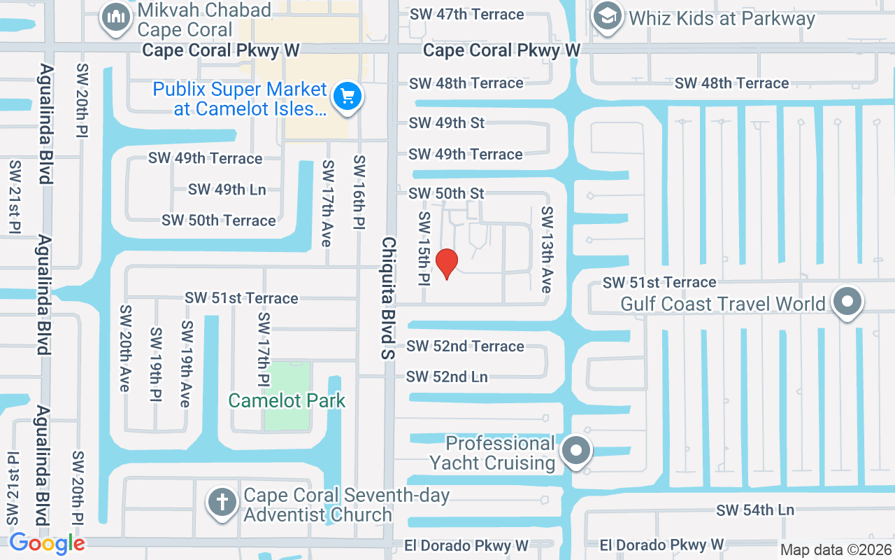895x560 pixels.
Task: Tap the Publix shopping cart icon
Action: pyautogui.click(x=347, y=96)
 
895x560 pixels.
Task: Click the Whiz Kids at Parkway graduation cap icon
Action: pyautogui.click(x=607, y=17)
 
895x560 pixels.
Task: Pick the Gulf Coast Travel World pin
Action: pyautogui.click(x=847, y=302)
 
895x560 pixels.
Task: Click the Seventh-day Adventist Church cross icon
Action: pyautogui.click(x=222, y=503)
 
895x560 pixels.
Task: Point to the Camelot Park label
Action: pyautogui.click(x=287, y=400)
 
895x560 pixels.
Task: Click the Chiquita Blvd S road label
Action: pyautogui.click(x=389, y=298)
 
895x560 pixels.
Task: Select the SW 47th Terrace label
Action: pyautogui.click(x=466, y=14)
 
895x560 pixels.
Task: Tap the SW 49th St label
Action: pyautogui.click(x=447, y=122)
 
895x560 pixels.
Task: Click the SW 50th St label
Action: pyautogui.click(x=447, y=192)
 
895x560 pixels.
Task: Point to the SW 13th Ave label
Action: pyautogui.click(x=547, y=250)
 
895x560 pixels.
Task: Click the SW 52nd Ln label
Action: pyautogui.click(x=447, y=377)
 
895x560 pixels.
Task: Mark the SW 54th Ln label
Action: pyautogui.click(x=755, y=510)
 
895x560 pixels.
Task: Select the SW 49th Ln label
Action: pyautogui.click(x=227, y=189)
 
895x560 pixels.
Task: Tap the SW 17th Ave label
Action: pyautogui.click(x=327, y=203)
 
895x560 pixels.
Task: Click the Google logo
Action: pyautogui.click(x=47, y=542)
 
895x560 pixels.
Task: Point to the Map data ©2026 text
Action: pyautogui.click(x=836, y=549)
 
